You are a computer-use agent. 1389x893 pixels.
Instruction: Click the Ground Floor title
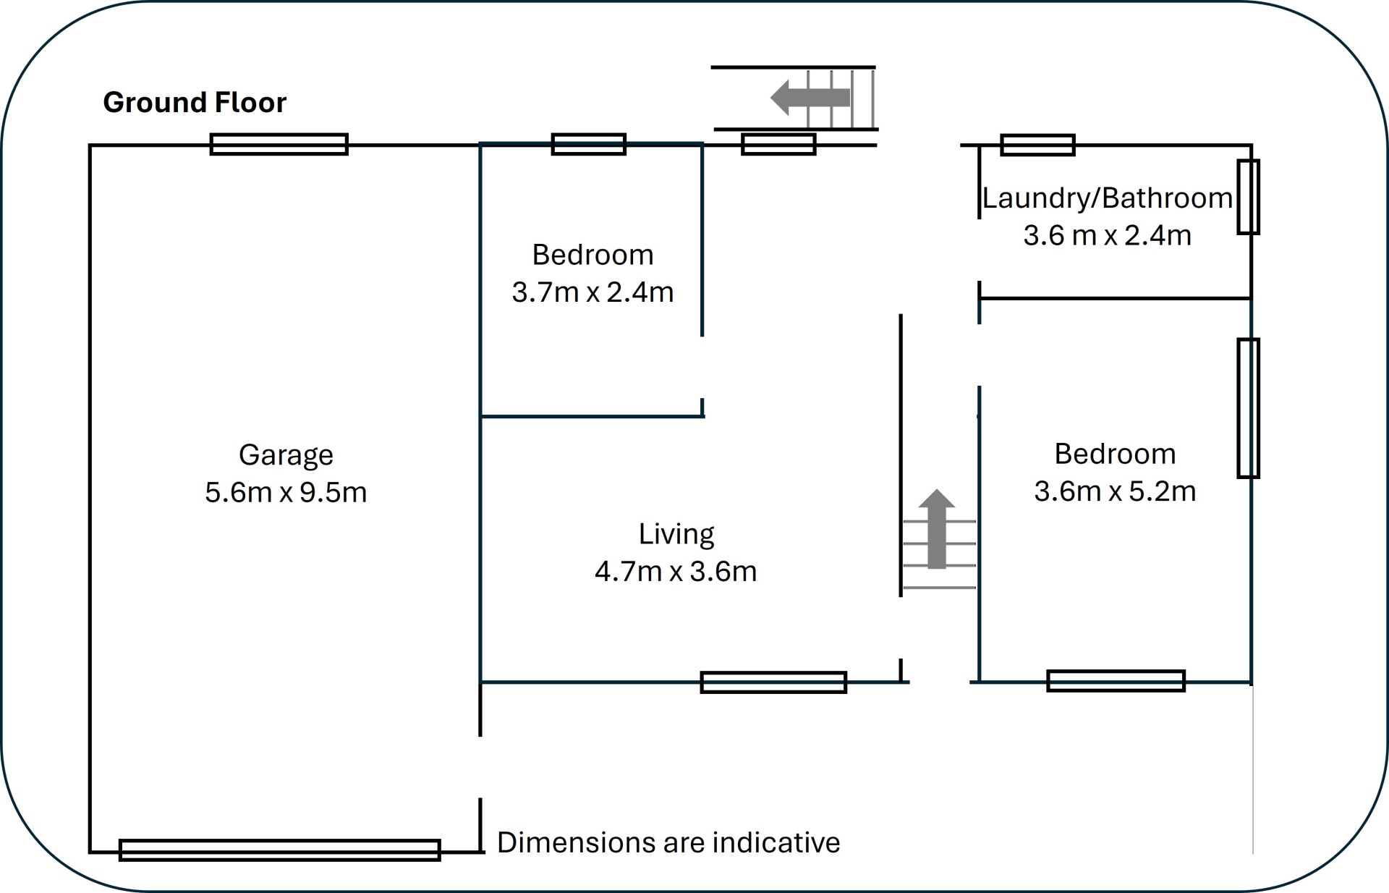(x=195, y=103)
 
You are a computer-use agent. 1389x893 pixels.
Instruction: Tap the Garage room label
(x=286, y=455)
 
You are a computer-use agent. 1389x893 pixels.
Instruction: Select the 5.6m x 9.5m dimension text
(x=286, y=493)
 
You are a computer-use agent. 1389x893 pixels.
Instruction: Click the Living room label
(x=676, y=534)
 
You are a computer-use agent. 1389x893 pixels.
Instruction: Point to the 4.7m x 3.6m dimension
(x=676, y=572)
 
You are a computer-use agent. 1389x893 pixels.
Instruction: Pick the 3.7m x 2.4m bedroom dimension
(x=592, y=292)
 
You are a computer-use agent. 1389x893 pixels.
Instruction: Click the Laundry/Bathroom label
(x=1107, y=198)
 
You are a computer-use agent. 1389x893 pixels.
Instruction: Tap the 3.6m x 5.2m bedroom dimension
(x=1115, y=491)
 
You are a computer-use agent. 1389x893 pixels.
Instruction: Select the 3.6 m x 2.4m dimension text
(x=1107, y=236)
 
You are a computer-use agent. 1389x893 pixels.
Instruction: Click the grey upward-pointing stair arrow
(x=937, y=528)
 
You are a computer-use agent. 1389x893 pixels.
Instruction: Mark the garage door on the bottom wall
(x=279, y=850)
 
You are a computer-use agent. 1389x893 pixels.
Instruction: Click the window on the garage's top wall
(x=279, y=144)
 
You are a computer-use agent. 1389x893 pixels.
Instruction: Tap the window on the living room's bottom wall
(x=773, y=682)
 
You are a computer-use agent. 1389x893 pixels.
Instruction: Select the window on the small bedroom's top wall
(x=589, y=144)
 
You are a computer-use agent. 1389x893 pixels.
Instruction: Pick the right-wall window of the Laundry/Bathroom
(x=1248, y=197)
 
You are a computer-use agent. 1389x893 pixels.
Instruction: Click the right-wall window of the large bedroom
(x=1248, y=408)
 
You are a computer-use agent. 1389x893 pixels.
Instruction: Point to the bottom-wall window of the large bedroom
(x=1116, y=681)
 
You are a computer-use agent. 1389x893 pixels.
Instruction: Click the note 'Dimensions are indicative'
(x=668, y=843)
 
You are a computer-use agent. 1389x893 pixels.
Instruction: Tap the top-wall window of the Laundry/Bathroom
(x=1037, y=145)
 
